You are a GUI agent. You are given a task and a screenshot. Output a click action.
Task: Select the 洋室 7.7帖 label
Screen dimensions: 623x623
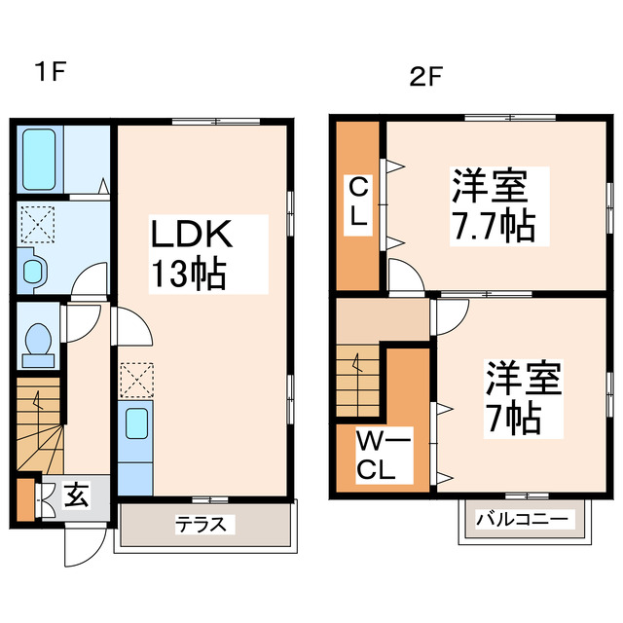pyautogui.click(x=492, y=204)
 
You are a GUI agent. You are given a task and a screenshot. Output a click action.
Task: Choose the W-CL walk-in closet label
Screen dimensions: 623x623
pyautogui.click(x=375, y=457)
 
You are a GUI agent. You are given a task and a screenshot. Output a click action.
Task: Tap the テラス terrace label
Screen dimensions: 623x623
pyautogui.click(x=205, y=525)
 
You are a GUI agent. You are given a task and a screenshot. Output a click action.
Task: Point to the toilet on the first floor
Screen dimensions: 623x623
pyautogui.click(x=39, y=342)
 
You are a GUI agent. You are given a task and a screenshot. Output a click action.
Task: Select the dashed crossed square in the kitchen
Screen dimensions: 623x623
pyautogui.click(x=135, y=380)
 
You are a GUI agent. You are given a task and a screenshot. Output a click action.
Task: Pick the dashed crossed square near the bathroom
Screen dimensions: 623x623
pyautogui.click(x=39, y=225)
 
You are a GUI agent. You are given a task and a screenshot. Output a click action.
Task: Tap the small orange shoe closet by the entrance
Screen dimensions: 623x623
pyautogui.click(x=24, y=495)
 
